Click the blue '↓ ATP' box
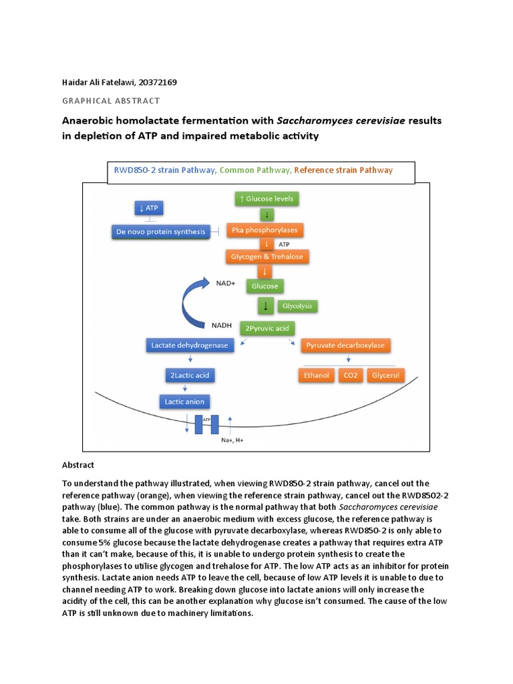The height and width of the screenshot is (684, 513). pos(150,208)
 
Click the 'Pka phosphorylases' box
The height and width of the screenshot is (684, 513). pos(265,230)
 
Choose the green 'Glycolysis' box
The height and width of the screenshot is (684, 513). pos(298,306)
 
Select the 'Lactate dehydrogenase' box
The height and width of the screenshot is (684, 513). pos(189,345)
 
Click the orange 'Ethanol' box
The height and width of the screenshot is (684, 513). pos(317,375)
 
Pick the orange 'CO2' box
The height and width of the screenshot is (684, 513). pos(351,375)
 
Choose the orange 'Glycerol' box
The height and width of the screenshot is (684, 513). pos(385,375)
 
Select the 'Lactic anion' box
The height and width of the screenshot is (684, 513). pos(185,401)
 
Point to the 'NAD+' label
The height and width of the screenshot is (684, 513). pos(226,283)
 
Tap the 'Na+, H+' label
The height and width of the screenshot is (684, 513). pos(232,441)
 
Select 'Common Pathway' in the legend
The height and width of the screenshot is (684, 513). pos(254,170)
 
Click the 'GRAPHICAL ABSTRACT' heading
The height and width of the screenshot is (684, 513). pos(111,101)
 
